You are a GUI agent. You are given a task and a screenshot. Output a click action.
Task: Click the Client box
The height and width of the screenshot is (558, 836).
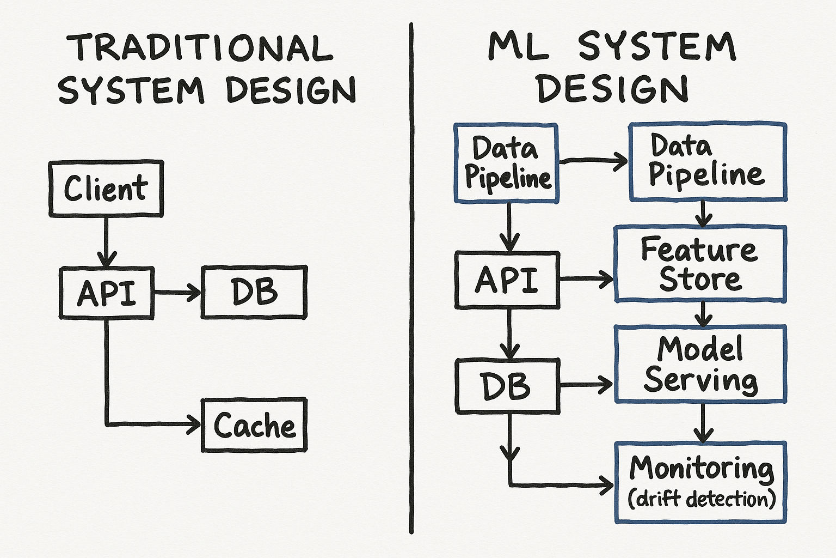click(106, 189)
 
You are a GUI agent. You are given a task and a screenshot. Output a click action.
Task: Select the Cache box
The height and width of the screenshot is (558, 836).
click(254, 425)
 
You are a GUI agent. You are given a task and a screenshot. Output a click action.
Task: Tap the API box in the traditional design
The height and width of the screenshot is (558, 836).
click(107, 293)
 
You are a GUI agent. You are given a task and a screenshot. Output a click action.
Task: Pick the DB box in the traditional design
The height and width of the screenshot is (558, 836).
click(254, 292)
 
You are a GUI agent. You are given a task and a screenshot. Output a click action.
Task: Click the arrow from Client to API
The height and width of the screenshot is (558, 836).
click(106, 240)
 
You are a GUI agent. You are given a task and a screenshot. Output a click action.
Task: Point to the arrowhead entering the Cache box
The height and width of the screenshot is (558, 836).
click(195, 424)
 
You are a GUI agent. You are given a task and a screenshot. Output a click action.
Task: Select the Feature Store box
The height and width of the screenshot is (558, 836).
click(700, 264)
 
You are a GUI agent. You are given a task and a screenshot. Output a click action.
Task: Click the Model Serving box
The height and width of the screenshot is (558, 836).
click(700, 364)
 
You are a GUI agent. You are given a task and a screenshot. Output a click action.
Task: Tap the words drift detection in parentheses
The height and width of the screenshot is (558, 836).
click(702, 499)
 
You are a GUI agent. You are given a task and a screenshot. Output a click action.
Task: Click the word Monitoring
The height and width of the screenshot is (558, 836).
click(702, 468)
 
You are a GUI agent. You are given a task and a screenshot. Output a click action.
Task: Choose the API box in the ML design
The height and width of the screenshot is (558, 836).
click(507, 280)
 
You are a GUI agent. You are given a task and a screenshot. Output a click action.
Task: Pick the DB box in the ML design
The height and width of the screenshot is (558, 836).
click(507, 386)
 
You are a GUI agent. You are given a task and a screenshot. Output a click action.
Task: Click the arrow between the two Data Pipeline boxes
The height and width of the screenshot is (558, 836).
click(593, 160)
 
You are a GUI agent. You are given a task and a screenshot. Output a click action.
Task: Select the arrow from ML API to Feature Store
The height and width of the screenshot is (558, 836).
click(587, 279)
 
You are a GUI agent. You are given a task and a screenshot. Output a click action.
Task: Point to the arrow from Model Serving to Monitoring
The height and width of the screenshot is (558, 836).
click(703, 423)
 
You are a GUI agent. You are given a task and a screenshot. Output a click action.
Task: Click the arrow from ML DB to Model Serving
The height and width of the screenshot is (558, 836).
click(587, 385)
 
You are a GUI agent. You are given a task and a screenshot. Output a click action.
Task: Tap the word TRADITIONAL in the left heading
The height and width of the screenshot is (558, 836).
click(200, 48)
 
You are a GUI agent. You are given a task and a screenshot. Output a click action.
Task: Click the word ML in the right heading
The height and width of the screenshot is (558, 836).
click(518, 46)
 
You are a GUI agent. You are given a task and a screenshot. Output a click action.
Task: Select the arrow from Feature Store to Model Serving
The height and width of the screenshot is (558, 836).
click(703, 314)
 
